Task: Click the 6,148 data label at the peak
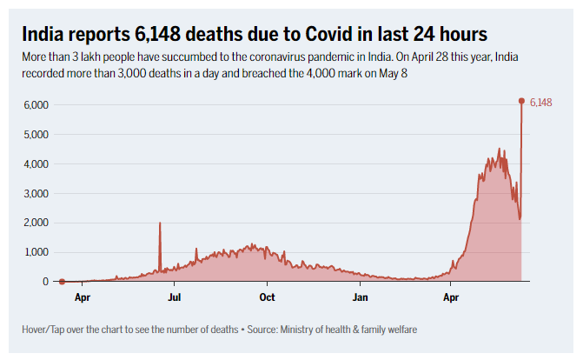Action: (540, 103)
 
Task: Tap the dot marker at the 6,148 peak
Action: (521, 101)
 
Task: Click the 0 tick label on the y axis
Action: (44, 282)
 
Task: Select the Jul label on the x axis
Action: (174, 297)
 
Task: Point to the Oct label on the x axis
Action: (267, 297)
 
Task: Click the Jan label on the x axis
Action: (360, 297)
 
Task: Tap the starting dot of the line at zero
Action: (62, 282)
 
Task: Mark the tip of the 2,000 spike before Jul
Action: (160, 223)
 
